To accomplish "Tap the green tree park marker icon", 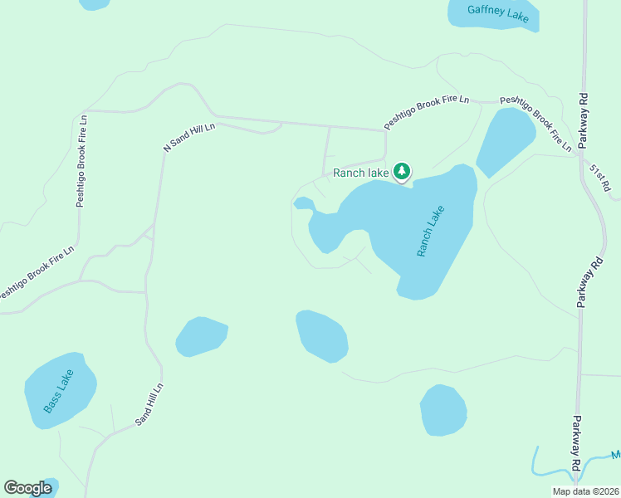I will (x=403, y=172).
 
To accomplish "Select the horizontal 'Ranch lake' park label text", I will (x=360, y=173).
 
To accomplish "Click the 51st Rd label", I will (x=600, y=180).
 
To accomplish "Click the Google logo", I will (x=28, y=488).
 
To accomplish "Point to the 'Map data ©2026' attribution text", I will (x=585, y=491).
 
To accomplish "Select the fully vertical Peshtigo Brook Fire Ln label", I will (x=81, y=160).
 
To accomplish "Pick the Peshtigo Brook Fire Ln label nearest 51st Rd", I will (x=536, y=123).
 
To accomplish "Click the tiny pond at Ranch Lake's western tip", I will (x=304, y=203).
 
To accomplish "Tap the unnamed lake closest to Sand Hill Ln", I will (x=201, y=336).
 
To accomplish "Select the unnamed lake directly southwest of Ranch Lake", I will (x=322, y=336).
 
